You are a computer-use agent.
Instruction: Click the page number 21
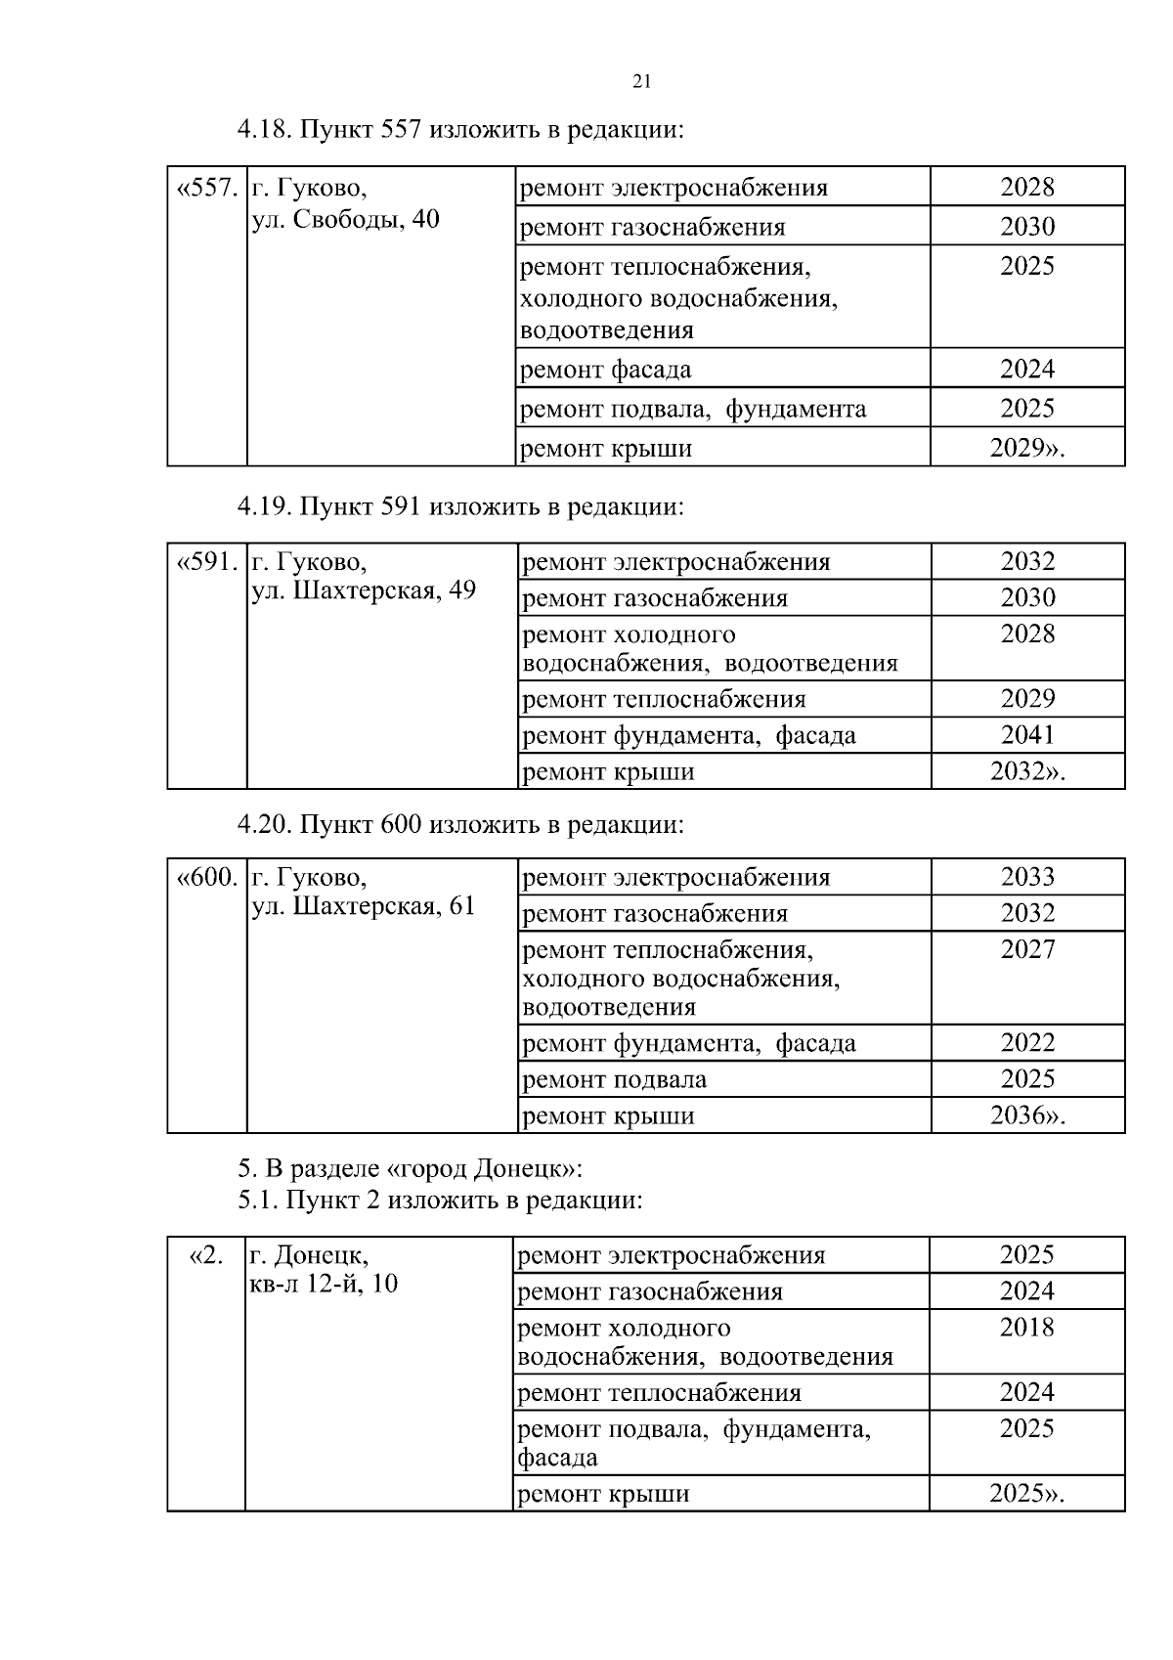[642, 81]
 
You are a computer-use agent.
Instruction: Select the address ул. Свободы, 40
[346, 219]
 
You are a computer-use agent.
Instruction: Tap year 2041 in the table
[1027, 734]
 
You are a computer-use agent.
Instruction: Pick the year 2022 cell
[1027, 1042]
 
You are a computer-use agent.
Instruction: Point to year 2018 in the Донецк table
[1026, 1327]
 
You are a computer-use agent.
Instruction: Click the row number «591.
[207, 562]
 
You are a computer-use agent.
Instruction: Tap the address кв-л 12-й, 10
[325, 1283]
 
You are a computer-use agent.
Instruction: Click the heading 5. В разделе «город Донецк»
[411, 1168]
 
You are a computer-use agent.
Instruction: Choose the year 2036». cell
[1027, 1115]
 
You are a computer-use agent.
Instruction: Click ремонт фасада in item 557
[606, 370]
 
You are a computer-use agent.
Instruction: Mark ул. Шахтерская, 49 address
[364, 590]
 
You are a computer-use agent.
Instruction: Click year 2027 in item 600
[1027, 948]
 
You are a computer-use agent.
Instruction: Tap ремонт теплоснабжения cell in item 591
[665, 699]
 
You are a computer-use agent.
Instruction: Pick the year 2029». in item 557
[1027, 448]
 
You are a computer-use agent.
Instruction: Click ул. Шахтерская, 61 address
[364, 905]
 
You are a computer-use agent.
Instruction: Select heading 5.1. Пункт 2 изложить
[440, 1200]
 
